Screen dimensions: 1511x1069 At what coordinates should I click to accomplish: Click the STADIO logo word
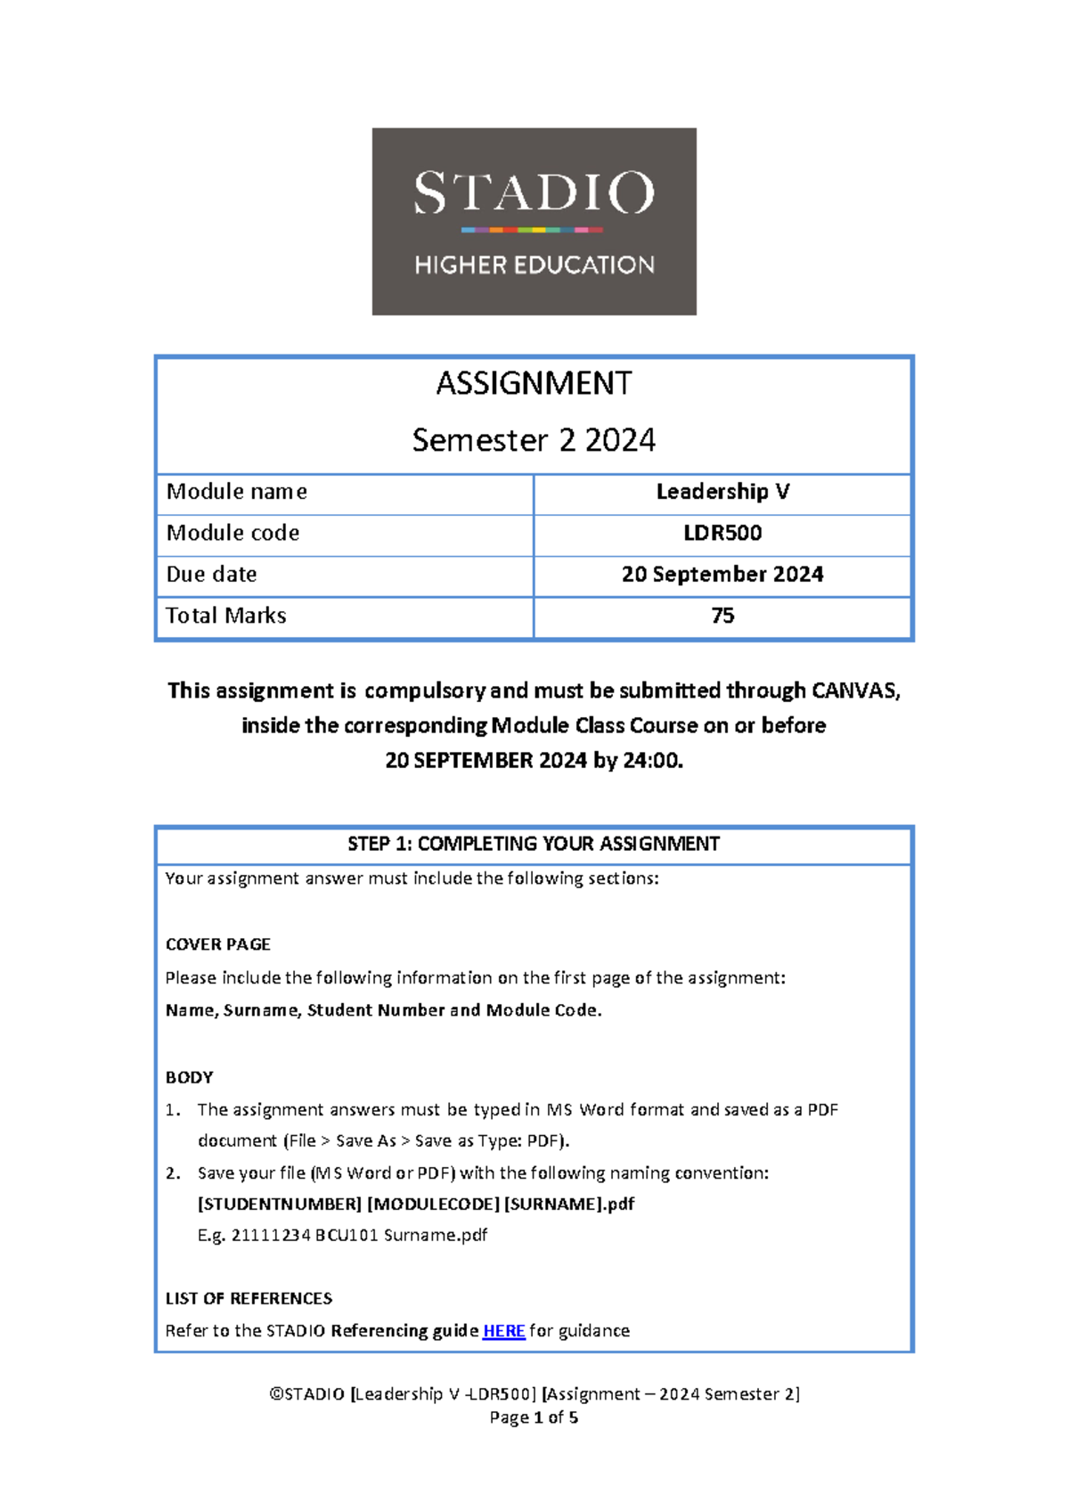tap(534, 192)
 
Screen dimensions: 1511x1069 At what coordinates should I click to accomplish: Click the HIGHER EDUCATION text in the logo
tap(534, 265)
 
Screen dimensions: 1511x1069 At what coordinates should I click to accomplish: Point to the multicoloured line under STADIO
tap(532, 230)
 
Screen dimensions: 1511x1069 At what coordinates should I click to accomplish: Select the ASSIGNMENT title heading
tap(534, 383)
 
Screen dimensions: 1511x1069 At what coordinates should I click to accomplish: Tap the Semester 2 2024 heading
tap(534, 440)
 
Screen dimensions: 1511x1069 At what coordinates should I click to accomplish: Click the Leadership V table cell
tap(722, 492)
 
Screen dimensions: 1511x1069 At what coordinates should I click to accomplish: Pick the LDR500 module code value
tap(722, 533)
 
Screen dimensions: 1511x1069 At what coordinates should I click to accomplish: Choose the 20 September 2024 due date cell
tap(722, 575)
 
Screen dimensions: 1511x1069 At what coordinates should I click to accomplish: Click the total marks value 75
tap(722, 616)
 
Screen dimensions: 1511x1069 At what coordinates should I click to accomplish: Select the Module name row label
tap(237, 492)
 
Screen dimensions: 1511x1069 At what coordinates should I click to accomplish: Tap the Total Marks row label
tap(226, 616)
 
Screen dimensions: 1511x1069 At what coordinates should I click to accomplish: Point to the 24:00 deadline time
tap(652, 760)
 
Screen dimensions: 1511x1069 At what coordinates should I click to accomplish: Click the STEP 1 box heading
tap(534, 844)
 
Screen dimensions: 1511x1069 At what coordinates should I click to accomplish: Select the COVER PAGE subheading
tap(218, 944)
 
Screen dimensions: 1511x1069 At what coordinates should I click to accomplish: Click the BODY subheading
tap(190, 1077)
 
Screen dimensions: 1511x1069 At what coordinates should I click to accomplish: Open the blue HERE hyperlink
tap(503, 1331)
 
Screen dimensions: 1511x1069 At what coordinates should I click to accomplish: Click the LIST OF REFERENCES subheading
tap(249, 1298)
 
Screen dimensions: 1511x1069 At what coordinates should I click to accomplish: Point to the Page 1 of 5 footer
tap(534, 1417)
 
